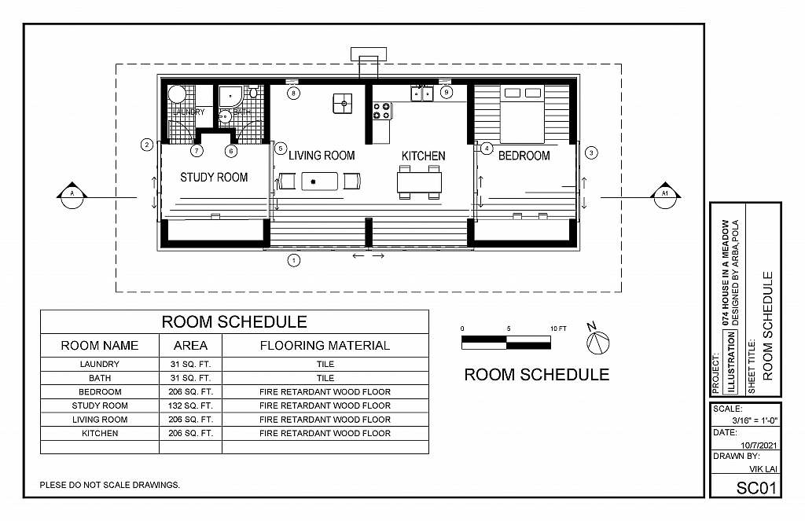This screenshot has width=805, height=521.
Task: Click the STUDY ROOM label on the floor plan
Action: pyautogui.click(x=214, y=177)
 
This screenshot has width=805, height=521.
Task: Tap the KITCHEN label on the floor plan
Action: pyautogui.click(x=423, y=156)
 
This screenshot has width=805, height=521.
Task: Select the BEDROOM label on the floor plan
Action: pyautogui.click(x=524, y=156)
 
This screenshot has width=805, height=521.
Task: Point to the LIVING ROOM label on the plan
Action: pyautogui.click(x=322, y=155)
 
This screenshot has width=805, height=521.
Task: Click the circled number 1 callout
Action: pyautogui.click(x=294, y=260)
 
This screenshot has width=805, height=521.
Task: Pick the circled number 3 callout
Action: pyautogui.click(x=591, y=152)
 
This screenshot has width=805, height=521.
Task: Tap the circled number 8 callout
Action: pyautogui.click(x=293, y=93)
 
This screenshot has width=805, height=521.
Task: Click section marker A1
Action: pyautogui.click(x=665, y=195)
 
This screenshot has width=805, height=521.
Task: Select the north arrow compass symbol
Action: pyautogui.click(x=597, y=339)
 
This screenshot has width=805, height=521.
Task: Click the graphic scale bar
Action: pyautogui.click(x=506, y=343)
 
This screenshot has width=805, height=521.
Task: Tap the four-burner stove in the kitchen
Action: pyautogui.click(x=381, y=111)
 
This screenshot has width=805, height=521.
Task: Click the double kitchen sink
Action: pyautogui.click(x=421, y=94)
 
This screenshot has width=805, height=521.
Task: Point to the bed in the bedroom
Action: pyautogui.click(x=522, y=115)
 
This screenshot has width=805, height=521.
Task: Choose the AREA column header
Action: pyautogui.click(x=190, y=346)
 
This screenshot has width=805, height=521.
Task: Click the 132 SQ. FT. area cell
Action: pyautogui.click(x=190, y=405)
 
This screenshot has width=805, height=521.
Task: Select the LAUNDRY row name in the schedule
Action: pyautogui.click(x=100, y=364)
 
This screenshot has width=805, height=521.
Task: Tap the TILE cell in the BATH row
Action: pyautogui.click(x=325, y=378)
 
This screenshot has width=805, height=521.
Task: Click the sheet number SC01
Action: pyautogui.click(x=757, y=488)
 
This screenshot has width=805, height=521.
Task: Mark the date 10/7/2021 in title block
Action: pyautogui.click(x=759, y=445)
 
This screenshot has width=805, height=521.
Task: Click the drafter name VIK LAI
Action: pyautogui.click(x=763, y=468)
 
